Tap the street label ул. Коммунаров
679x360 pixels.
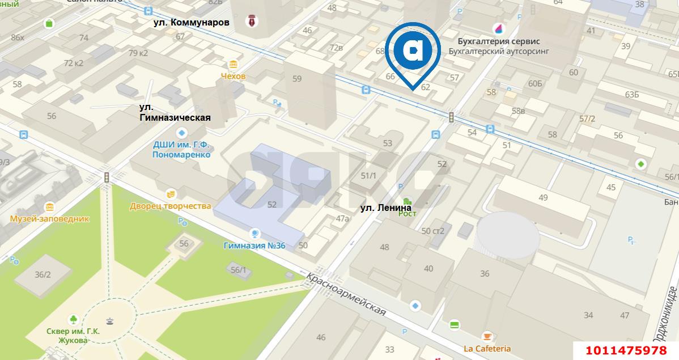pos(192,23)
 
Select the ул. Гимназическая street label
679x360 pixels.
pos(175,112)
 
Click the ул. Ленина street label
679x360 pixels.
pos(386,208)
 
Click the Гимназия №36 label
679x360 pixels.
pos(254,245)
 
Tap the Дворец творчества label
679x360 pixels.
pos(170,206)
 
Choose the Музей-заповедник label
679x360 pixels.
pos(49,218)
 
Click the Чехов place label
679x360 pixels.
pos(233,76)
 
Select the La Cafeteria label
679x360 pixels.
pos(487,349)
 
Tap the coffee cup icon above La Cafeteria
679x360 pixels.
pos(486,336)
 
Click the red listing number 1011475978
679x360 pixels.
pos(626,350)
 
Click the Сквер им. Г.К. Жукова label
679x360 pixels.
pos(73,336)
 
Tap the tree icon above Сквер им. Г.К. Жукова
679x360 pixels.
pos(73,319)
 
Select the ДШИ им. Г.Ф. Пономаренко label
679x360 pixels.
pos(181,149)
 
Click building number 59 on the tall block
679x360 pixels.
pos(297,79)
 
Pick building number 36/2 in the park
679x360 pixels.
pos(43,275)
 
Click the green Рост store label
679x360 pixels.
pos(407,213)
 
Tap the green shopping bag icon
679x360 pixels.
pos(49,23)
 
